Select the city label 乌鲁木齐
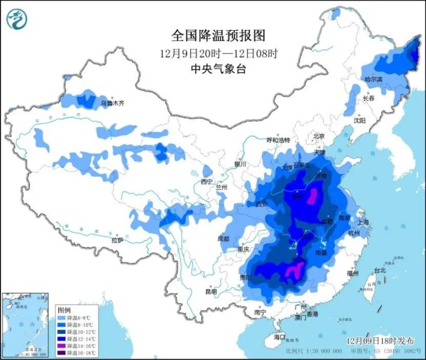(113, 103)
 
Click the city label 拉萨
(117, 240)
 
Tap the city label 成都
(223, 238)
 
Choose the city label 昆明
(211, 291)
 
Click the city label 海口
(279, 337)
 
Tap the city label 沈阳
(359, 121)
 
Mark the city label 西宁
(206, 181)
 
